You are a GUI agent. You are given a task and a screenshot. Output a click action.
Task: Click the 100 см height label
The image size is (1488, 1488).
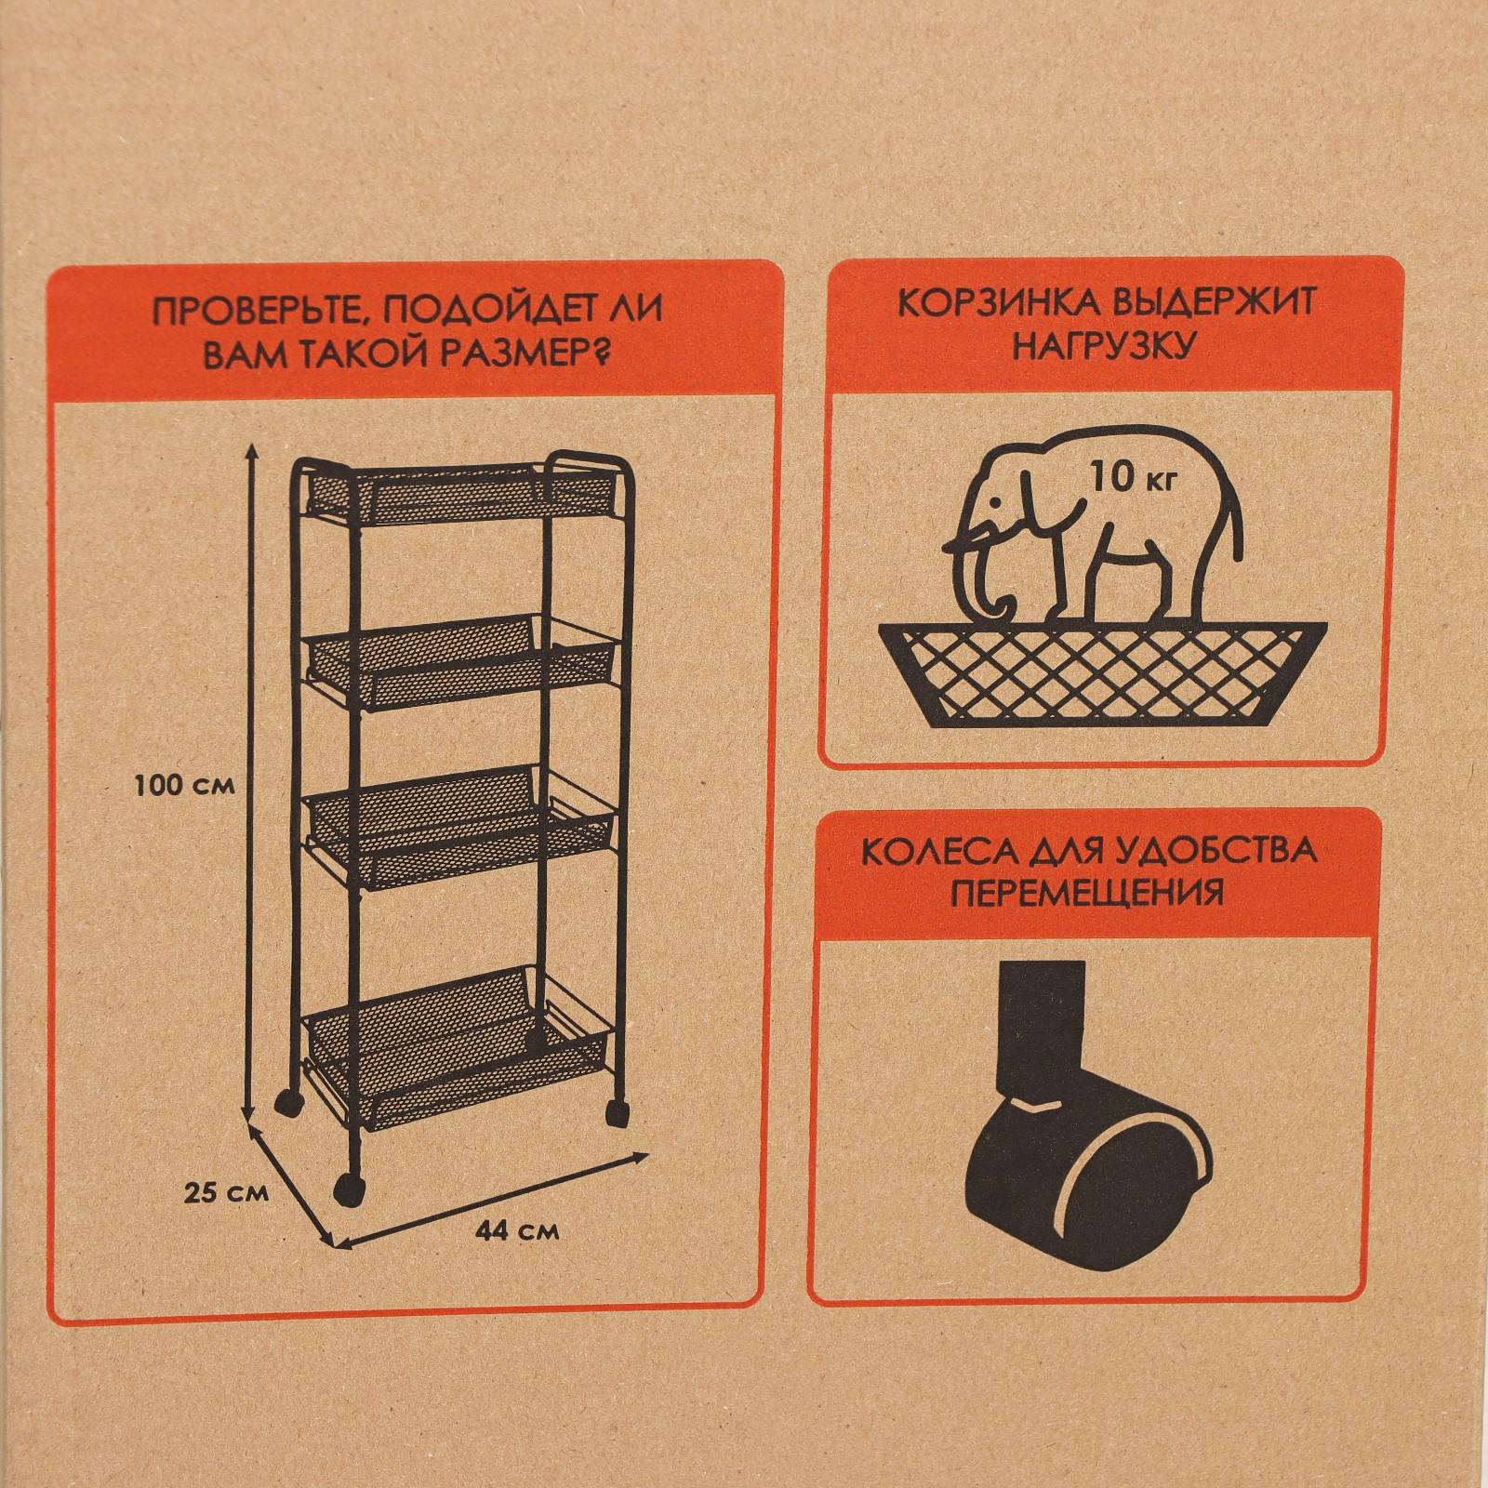tap(184, 786)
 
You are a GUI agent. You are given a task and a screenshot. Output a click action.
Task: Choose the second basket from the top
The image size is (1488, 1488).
tap(460, 662)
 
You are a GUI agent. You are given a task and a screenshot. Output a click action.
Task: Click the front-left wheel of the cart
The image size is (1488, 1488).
tap(349, 1191)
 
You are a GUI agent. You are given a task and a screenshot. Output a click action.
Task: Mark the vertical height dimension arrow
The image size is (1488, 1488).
tap(249, 783)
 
